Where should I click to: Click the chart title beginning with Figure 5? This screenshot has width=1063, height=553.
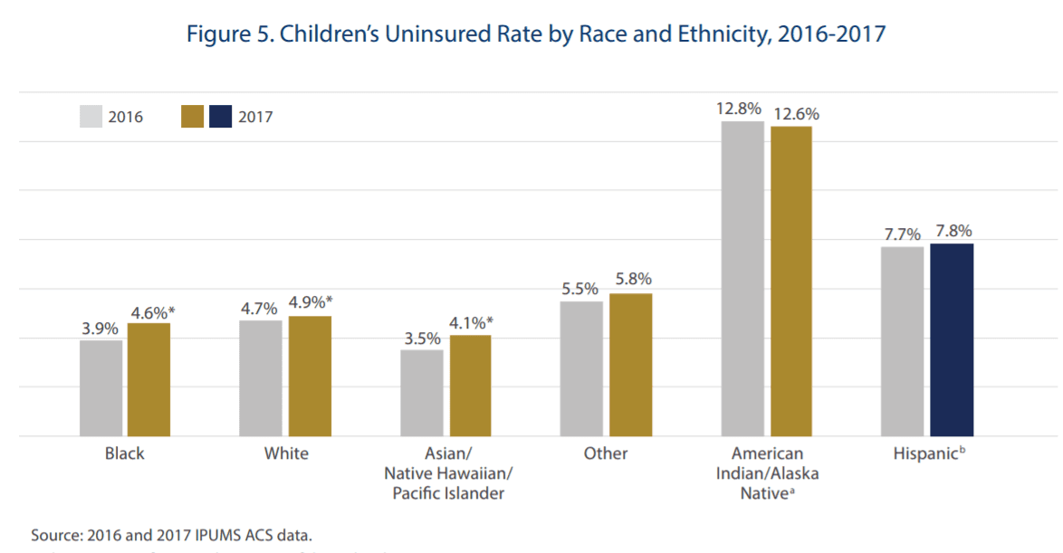pyautogui.click(x=535, y=34)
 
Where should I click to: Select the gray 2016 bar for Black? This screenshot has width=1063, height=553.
pyautogui.click(x=101, y=388)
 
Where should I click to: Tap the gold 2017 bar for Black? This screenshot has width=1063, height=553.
pyautogui.click(x=148, y=379)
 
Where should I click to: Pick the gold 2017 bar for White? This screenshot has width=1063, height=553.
pyautogui.click(x=310, y=376)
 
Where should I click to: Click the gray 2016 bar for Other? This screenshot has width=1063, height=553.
pyautogui.click(x=581, y=368)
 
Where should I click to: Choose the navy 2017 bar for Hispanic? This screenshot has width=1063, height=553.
pyautogui.click(x=952, y=339)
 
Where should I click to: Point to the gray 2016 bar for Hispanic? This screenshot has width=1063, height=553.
pyautogui.click(x=903, y=341)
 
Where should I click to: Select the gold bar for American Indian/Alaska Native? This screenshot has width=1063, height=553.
pyautogui.click(x=791, y=281)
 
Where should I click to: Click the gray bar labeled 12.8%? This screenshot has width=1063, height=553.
pyautogui.click(x=742, y=278)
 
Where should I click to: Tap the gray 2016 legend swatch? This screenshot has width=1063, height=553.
pyautogui.click(x=91, y=117)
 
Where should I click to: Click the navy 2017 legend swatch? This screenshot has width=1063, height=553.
pyautogui.click(x=221, y=117)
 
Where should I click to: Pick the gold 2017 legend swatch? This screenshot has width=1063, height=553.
pyautogui.click(x=192, y=117)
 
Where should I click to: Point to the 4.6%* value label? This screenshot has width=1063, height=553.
pyautogui.click(x=151, y=312)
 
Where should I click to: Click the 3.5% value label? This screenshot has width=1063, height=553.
pyautogui.click(x=422, y=338)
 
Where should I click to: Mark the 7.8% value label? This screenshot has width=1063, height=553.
pyautogui.click(x=953, y=232)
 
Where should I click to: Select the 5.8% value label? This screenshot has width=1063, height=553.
pyautogui.click(x=632, y=280)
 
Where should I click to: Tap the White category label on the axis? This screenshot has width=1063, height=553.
pyautogui.click(x=286, y=453)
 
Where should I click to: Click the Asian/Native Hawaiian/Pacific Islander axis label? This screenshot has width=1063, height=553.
pyautogui.click(x=447, y=473)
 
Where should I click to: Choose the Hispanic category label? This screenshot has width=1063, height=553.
pyautogui.click(x=926, y=453)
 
